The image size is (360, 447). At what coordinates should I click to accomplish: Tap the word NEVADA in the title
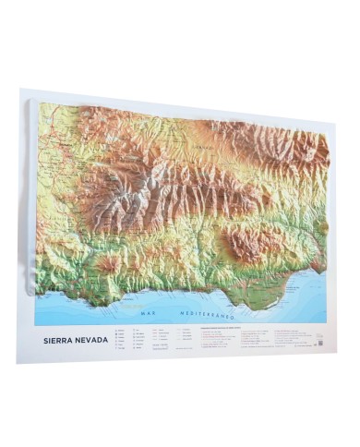click(x=91, y=340)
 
